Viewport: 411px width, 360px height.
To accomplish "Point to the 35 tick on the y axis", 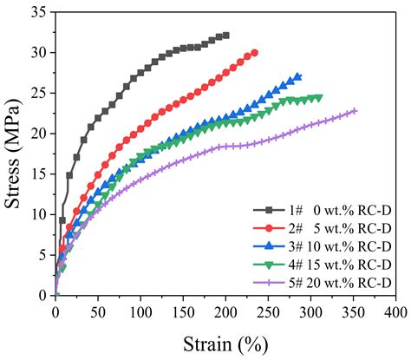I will click(38, 11).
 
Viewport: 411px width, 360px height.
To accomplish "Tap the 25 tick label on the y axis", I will click(38, 93).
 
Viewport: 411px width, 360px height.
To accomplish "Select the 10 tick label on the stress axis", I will click(38, 214).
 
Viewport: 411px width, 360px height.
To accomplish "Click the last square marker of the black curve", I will click(225, 36).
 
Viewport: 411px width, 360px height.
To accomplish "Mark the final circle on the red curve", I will click(254, 52).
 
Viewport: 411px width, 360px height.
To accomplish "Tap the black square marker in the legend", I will click(270, 210).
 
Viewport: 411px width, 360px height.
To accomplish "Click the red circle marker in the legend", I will click(270, 228).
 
